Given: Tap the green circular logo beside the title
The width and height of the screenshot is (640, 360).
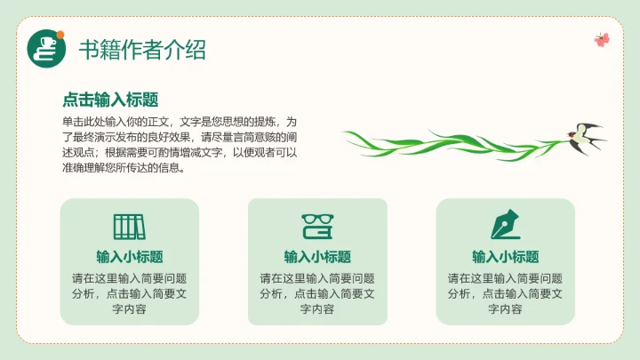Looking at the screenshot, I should click(x=47, y=48).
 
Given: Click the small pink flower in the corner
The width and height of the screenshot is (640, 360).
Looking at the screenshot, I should click(x=602, y=39).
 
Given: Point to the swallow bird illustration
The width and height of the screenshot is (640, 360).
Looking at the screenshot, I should click(x=583, y=136).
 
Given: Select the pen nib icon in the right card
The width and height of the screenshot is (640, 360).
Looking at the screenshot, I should click(x=505, y=226).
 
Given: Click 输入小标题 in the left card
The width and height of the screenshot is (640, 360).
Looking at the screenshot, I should click(x=129, y=257).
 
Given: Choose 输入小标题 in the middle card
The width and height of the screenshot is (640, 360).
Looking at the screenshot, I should click(x=317, y=257).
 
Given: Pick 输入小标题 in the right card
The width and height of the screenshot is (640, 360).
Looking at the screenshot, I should click(x=505, y=257).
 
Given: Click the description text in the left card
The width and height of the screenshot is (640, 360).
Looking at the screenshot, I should click(x=129, y=293).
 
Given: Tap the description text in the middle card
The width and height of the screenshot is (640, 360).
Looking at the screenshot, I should click(x=317, y=293).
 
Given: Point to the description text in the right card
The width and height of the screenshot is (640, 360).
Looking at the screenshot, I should click(x=505, y=293).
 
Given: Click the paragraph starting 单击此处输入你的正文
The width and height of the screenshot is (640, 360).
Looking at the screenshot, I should click(x=179, y=143).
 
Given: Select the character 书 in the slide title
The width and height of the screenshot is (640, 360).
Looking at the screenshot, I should click(x=89, y=48).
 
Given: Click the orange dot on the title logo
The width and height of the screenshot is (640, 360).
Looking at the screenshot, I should click(x=60, y=36).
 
